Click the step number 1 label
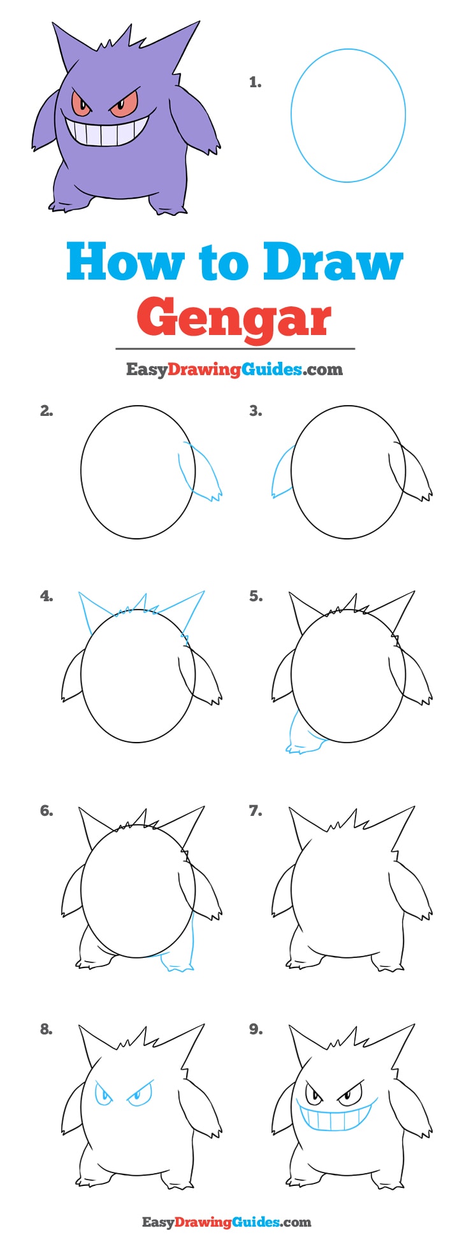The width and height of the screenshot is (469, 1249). point(255,82)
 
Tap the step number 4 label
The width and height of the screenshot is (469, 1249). point(46,596)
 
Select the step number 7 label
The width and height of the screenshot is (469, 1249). point(255,811)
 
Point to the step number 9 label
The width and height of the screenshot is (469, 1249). point(255,1029)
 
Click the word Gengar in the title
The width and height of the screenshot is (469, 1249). point(234,318)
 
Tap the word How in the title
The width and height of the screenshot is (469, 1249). point(125,262)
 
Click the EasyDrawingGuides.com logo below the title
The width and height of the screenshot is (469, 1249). point(234,369)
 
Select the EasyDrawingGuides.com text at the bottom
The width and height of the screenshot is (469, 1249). point(226,1222)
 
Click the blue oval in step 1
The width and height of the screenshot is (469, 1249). point(348,115)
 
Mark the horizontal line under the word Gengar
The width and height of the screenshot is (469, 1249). point(234,349)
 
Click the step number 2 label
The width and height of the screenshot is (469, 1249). point(46,411)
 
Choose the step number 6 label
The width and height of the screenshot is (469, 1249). point(46,811)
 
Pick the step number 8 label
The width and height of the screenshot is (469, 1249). point(46,1029)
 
